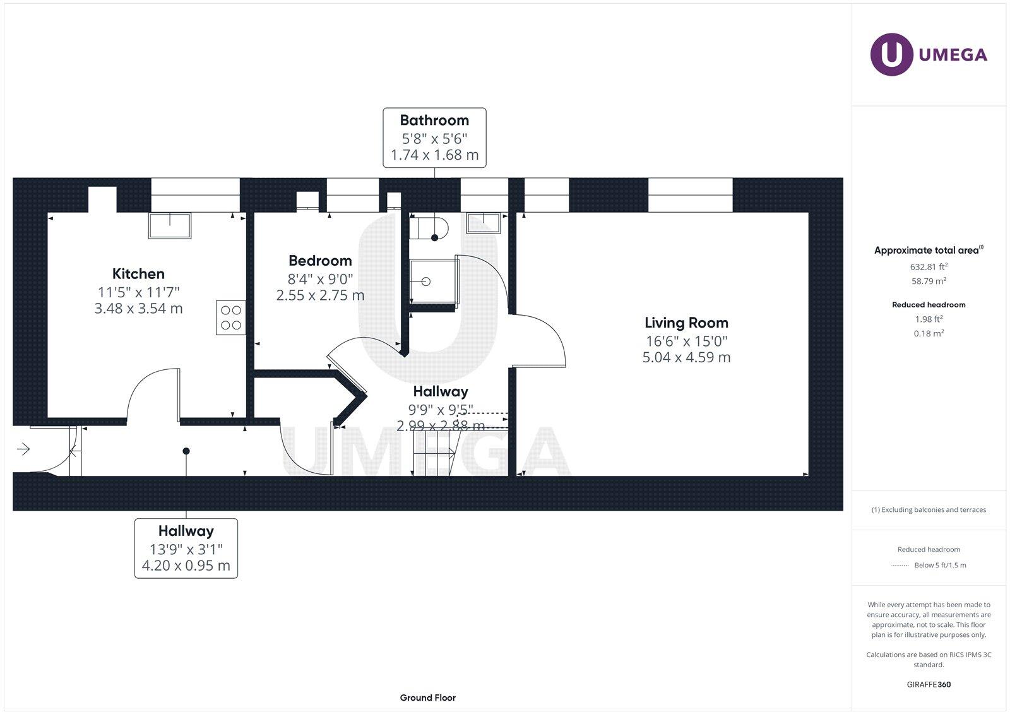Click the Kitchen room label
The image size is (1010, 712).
138,274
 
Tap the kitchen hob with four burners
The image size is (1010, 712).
230,317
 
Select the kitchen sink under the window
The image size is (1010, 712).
170,225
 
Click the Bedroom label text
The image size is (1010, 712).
320,261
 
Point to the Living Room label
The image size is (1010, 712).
686,323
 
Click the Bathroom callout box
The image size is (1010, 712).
434,138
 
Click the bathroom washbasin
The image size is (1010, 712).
484,223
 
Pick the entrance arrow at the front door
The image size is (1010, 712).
23,449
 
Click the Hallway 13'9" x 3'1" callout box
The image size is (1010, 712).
186,548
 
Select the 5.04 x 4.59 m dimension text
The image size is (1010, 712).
686,357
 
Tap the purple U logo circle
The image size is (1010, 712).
891,54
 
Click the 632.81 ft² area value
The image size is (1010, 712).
929,267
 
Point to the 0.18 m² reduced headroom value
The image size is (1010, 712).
929,333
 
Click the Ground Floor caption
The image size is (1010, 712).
427,697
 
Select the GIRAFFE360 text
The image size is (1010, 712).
929,684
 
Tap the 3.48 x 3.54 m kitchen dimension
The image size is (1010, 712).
138,309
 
